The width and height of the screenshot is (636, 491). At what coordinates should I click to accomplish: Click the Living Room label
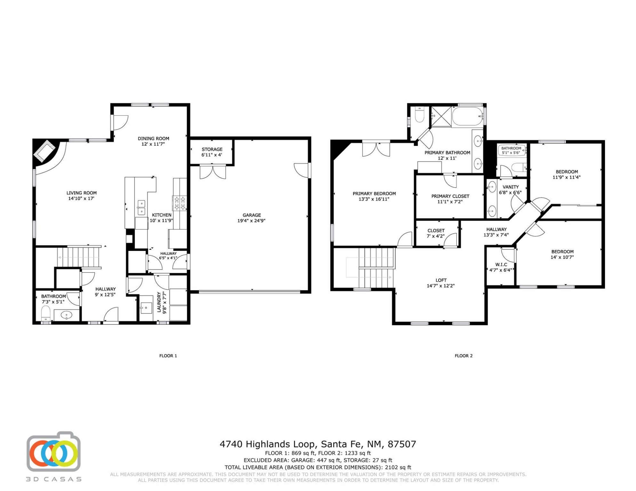82,193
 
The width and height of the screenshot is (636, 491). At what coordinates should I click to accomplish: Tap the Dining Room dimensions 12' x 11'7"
153,144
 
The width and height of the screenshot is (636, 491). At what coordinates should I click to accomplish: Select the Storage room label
212,149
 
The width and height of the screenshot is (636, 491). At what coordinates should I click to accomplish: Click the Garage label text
252,215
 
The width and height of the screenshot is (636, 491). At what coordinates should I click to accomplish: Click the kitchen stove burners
179,203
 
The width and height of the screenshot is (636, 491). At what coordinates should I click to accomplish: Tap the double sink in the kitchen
141,207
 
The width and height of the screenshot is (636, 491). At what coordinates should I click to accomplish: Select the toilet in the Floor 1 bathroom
46,313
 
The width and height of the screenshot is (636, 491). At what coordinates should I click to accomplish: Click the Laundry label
159,302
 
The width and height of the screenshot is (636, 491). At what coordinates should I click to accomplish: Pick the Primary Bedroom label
374,193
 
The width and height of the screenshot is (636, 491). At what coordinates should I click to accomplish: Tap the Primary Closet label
450,196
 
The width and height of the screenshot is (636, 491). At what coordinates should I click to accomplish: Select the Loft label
441,280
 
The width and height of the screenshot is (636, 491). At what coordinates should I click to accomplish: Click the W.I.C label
501,264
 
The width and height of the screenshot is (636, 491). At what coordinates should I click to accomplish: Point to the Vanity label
511,187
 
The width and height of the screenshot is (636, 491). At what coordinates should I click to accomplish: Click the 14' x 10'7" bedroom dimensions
562,257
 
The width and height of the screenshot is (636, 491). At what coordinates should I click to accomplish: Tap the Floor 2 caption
463,356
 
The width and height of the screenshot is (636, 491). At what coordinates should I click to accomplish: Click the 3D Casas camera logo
53,452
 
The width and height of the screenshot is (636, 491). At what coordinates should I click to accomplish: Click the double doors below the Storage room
213,172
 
